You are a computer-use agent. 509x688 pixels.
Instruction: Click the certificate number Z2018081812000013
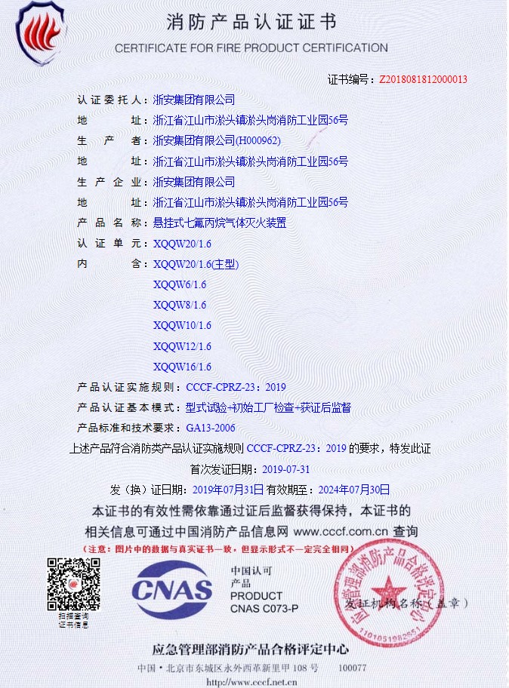423,78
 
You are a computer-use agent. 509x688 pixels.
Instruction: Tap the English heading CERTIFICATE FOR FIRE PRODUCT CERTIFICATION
251,48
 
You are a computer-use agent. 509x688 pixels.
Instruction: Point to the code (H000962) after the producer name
258,140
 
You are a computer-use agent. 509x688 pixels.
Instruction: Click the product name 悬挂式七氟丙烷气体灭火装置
220,223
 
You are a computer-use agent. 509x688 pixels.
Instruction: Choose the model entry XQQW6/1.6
179,284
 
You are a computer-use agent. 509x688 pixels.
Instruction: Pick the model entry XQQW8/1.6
179,305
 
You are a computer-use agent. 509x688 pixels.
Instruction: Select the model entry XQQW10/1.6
182,325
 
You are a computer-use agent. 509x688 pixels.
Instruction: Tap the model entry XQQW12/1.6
182,346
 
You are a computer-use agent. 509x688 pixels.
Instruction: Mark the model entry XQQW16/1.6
182,367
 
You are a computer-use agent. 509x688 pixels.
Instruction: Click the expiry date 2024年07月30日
353,489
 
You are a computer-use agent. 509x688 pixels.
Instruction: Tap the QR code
73,585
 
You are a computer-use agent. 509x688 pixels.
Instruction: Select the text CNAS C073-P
264,608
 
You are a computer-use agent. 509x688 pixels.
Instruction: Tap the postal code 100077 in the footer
352,668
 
